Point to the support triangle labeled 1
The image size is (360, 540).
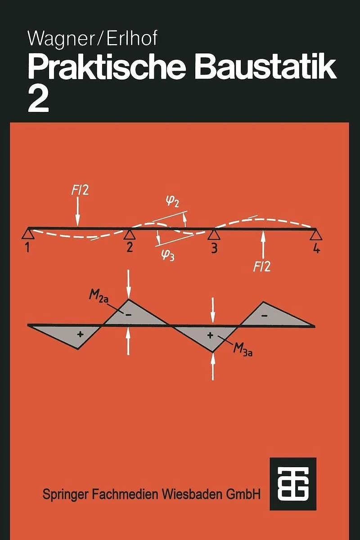28,233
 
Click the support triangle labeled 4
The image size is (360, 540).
316,235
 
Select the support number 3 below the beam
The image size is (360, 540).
214,248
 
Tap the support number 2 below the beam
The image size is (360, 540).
130,247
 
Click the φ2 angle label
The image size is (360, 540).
173,202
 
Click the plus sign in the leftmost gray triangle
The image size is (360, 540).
80,335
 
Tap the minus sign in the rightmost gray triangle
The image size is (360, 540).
265,315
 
